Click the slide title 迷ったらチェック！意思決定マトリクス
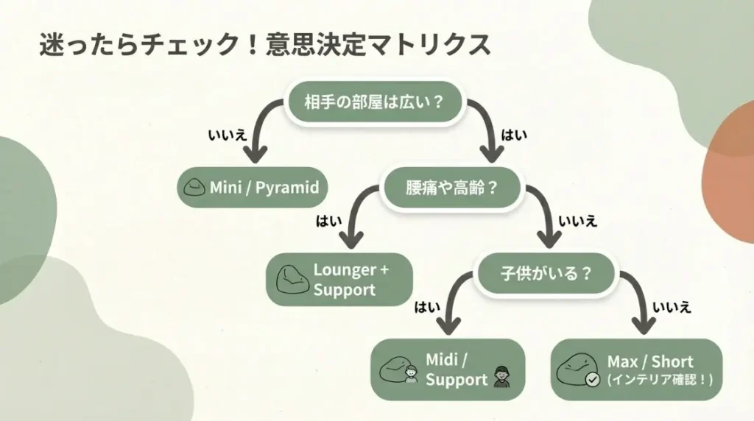[x=264, y=44]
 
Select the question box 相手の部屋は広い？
[x=375, y=102]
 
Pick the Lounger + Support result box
[x=339, y=280]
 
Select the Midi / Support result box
[x=447, y=369]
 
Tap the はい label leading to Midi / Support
[x=427, y=307]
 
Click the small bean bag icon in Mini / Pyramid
[x=195, y=188]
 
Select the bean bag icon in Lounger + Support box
[x=292, y=280]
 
